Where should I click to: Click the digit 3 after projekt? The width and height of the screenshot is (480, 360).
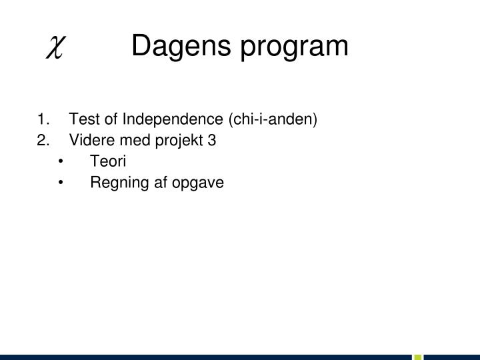[212, 141]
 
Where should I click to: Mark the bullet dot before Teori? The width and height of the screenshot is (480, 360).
[61, 162]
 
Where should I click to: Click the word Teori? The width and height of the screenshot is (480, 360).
[109, 161]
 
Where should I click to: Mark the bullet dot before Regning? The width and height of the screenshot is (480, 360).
[61, 183]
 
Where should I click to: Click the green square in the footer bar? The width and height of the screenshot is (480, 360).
[418, 356]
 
